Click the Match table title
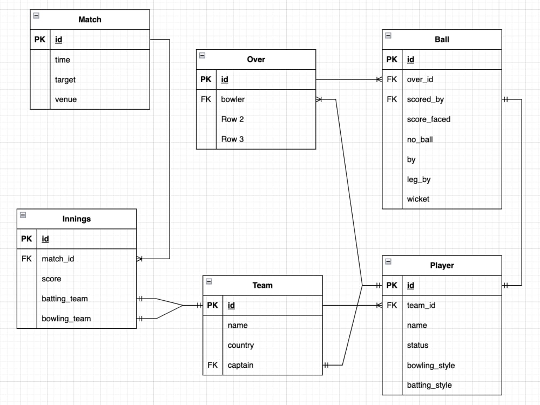pos(90,19)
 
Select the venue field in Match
pos(66,99)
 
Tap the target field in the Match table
pos(65,80)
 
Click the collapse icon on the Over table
pos(202,56)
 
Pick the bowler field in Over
pos(233,99)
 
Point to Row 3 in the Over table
pos(232,139)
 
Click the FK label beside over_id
pos(392,79)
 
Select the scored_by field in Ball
pos(426,99)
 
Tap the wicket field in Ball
pos(418,199)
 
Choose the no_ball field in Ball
pos(420,139)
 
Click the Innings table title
pos(77,219)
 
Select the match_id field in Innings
pos(58,259)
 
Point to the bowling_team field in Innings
pos(66,319)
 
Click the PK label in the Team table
pos(212,306)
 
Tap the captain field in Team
pos(240,366)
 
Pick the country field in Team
pos(241,346)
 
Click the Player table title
pos(442,266)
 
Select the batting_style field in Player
pos(429,386)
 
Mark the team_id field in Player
pos(421,306)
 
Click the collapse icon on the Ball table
pos(388,36)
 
